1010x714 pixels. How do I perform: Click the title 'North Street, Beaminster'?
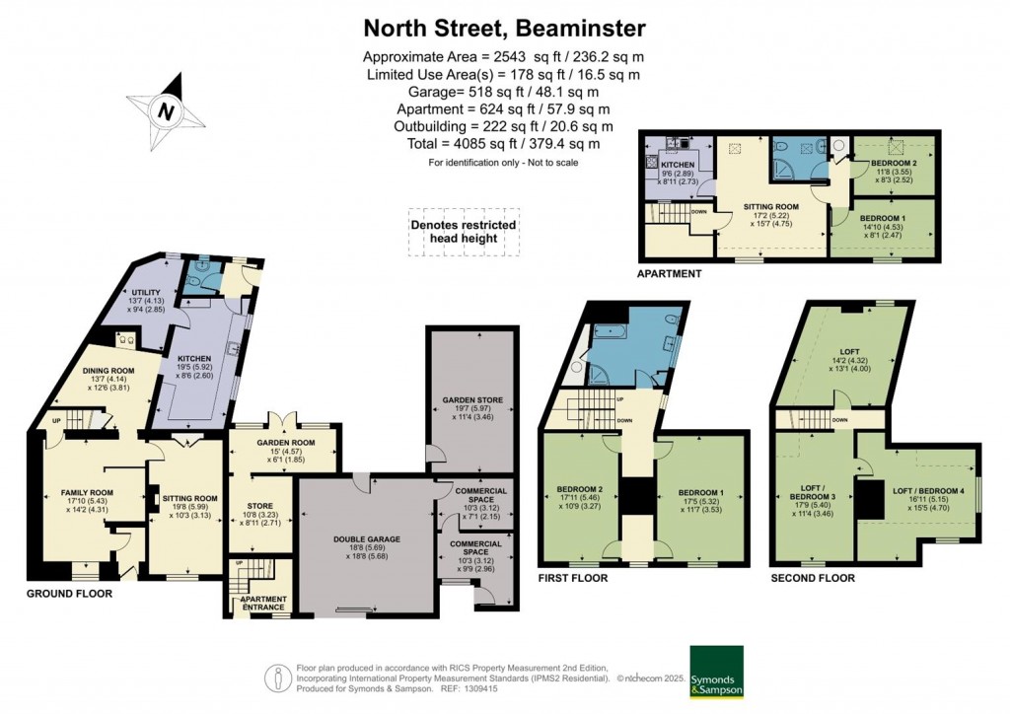point(504,27)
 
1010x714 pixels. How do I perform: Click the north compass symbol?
point(167,110)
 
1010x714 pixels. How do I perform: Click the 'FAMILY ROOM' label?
point(88,491)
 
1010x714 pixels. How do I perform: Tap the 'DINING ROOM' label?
point(108,372)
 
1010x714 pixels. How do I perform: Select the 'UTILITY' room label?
point(145,293)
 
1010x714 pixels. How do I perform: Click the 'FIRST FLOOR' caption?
point(573,578)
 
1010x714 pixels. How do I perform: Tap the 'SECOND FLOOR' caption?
point(813,578)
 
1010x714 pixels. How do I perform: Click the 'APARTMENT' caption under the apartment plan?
point(670,274)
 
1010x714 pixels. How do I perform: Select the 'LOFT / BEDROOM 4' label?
point(927,490)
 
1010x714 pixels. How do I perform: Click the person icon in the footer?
point(277,678)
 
